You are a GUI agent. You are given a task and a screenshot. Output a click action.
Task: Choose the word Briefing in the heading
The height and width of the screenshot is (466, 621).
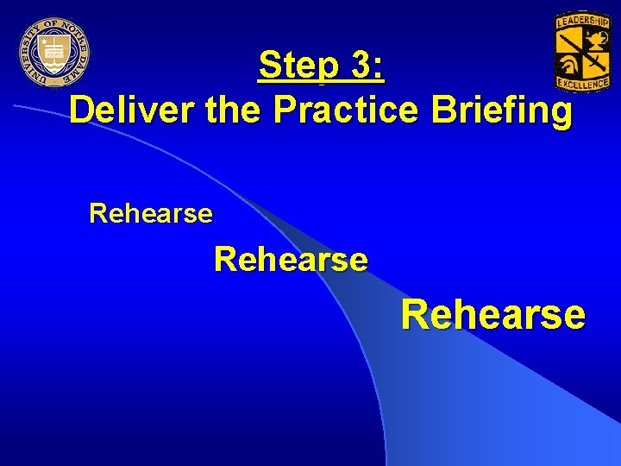coord(497,111)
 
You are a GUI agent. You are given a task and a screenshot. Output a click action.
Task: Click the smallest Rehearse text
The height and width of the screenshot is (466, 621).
coord(151,213)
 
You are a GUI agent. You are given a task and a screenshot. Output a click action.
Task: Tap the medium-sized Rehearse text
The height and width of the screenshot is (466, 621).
coord(291,258)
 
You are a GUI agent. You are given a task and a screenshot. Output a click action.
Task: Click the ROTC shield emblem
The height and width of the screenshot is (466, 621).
coord(582,51)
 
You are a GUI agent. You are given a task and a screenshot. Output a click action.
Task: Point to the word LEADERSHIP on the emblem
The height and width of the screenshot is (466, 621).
coord(583,20)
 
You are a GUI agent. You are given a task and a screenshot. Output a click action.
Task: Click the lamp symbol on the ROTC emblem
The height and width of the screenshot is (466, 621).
coord(594,38)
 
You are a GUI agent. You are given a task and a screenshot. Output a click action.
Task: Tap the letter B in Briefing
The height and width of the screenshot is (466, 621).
coord(436,111)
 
